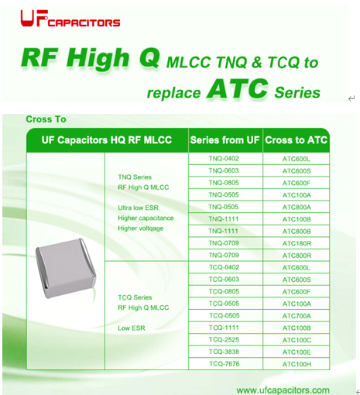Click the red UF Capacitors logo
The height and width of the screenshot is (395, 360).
pos(70,19)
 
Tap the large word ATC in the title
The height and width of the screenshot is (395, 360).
pos(237,89)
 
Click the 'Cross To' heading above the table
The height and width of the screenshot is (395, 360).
pos(46,119)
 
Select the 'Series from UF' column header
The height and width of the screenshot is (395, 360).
pos(225,140)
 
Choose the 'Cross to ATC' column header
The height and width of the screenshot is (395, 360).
pos(296,140)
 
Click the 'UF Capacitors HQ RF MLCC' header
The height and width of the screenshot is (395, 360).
pos(107,140)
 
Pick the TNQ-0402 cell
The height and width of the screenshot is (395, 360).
pos(224,159)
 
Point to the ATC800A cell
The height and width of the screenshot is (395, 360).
pos(297,208)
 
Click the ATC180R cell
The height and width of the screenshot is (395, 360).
pos(297,243)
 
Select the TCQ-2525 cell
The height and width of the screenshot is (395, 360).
pos(224,340)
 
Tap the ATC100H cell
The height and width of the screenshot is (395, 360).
pos(297,364)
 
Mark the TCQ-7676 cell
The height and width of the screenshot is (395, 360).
pos(225,364)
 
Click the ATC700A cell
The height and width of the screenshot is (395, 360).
pos(297,316)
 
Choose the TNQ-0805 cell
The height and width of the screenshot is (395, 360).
pos(224,183)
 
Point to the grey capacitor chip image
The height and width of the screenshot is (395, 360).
pos(66,269)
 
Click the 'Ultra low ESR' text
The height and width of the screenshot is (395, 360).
pos(138,208)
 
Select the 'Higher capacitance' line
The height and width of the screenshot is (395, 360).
pos(146,218)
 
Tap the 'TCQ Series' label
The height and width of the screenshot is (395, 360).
pos(135,297)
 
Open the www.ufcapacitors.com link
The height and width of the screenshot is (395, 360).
pos(283,390)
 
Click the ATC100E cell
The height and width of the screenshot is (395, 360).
pos(297,352)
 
